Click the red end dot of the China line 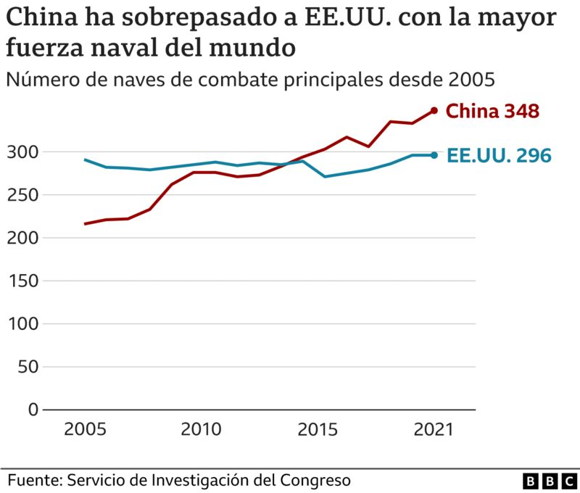click(x=434, y=110)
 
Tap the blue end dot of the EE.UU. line click(x=434, y=154)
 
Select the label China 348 click(x=492, y=111)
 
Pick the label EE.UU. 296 click(x=499, y=155)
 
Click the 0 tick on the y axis click(x=32, y=409)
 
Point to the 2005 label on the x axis click(x=85, y=429)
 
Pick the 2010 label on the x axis click(x=201, y=429)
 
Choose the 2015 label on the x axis click(x=318, y=429)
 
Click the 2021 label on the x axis click(x=433, y=429)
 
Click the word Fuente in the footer click(x=34, y=480)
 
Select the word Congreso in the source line click(x=318, y=480)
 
